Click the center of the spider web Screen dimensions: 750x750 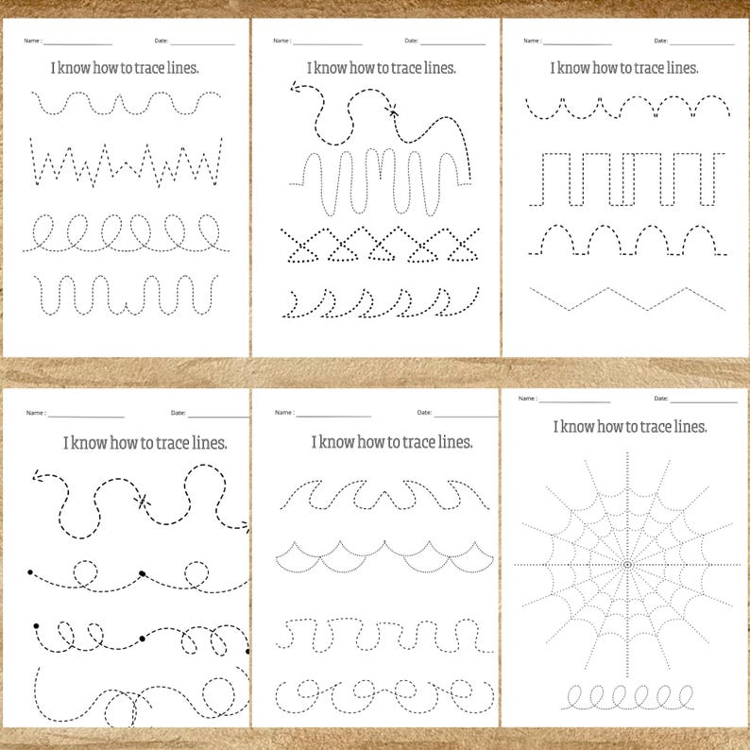pyautogui.click(x=626, y=564)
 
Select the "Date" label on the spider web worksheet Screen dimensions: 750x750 pyautogui.click(x=660, y=399)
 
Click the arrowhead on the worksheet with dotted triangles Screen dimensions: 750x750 pyautogui.click(x=295, y=89)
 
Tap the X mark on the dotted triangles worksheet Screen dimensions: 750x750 pyautogui.click(x=392, y=111)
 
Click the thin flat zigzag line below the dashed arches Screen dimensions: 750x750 pyautogui.click(x=627, y=298)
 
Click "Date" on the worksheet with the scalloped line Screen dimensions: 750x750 pyautogui.click(x=424, y=413)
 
